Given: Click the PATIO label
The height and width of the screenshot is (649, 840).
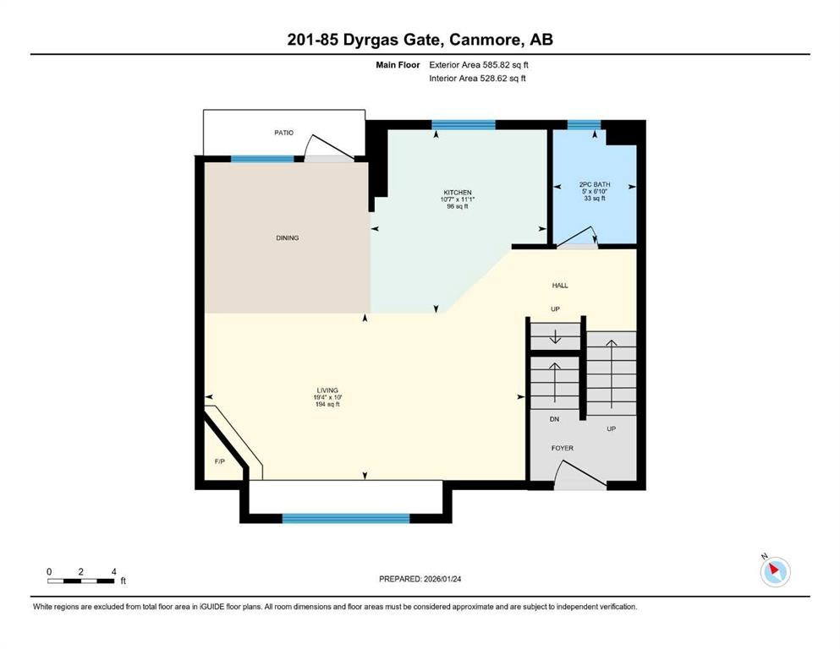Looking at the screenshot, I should (x=283, y=133).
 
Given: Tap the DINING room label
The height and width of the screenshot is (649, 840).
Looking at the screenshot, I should (x=287, y=238).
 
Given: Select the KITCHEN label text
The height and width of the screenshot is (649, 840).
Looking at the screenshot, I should (x=458, y=193).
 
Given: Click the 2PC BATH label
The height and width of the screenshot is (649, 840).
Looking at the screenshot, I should (x=595, y=184).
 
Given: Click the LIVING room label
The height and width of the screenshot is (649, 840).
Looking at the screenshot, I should (x=327, y=390).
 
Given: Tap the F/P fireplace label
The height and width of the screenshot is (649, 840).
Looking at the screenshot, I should (x=219, y=461).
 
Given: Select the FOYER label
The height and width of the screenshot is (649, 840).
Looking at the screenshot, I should (x=563, y=448).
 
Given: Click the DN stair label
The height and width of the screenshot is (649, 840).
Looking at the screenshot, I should (x=555, y=419).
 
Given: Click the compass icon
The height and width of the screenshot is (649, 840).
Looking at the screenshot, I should (x=775, y=572).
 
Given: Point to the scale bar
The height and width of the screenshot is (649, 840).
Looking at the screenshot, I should (x=81, y=581).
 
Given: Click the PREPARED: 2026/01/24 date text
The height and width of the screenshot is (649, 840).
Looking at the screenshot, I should (x=420, y=579).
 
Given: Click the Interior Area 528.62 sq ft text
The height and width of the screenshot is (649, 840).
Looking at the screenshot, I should (x=478, y=79).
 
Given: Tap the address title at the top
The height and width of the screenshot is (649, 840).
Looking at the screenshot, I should (x=420, y=39).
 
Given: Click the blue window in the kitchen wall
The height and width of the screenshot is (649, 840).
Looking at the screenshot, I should (x=463, y=125).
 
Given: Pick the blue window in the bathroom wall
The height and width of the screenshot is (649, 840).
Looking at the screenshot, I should (x=584, y=125).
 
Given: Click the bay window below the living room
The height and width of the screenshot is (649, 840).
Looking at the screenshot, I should (x=345, y=518).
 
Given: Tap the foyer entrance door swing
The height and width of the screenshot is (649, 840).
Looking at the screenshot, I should (x=580, y=479).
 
